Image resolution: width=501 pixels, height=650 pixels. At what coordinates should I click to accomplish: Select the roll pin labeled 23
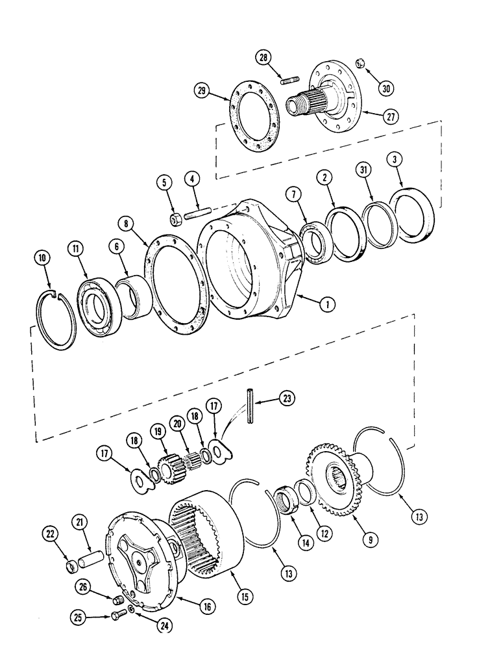249,406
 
